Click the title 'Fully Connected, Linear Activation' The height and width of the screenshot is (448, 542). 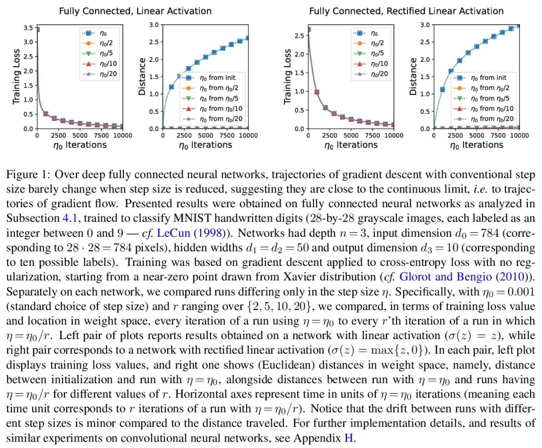point(135,11)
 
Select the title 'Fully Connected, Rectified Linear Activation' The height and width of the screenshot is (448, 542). point(406,11)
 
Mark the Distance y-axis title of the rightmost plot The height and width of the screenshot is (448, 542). point(413,76)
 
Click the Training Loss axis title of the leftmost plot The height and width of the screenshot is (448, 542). point(17,76)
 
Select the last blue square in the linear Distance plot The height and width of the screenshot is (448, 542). point(248,38)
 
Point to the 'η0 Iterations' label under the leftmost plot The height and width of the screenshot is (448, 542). point(79,145)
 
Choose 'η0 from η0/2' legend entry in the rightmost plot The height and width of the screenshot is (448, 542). point(489,88)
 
